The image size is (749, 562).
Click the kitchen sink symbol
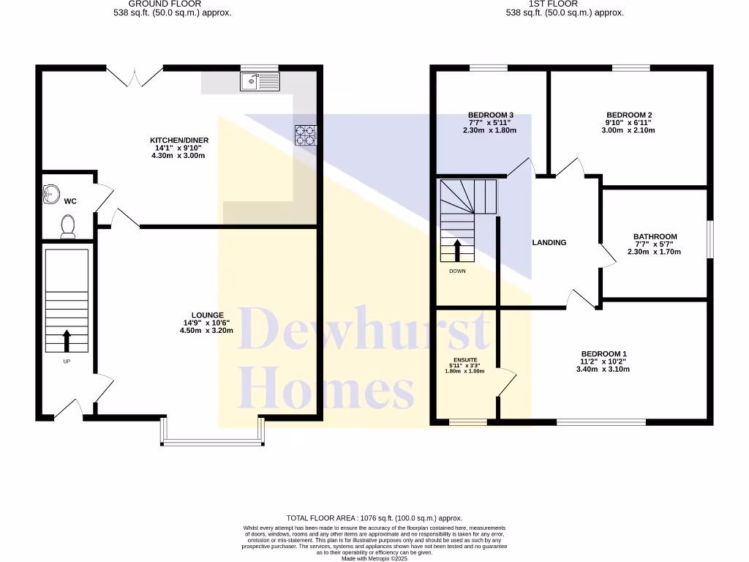[x=260, y=82]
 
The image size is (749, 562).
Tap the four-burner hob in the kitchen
[x=306, y=135]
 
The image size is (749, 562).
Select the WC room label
[x=71, y=201]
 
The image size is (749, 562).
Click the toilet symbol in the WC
[x=68, y=226]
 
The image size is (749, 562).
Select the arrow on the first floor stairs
[x=458, y=250]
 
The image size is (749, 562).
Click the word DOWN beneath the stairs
[x=457, y=271]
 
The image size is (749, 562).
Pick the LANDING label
[x=549, y=243]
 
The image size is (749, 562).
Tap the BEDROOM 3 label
[x=490, y=115]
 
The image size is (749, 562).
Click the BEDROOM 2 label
[x=629, y=115]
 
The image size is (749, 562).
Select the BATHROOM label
[x=655, y=236]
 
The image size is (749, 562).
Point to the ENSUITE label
[x=465, y=360]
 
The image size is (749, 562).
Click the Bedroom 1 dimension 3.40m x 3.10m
[x=603, y=370]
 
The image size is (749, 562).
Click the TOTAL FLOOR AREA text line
[x=374, y=518]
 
